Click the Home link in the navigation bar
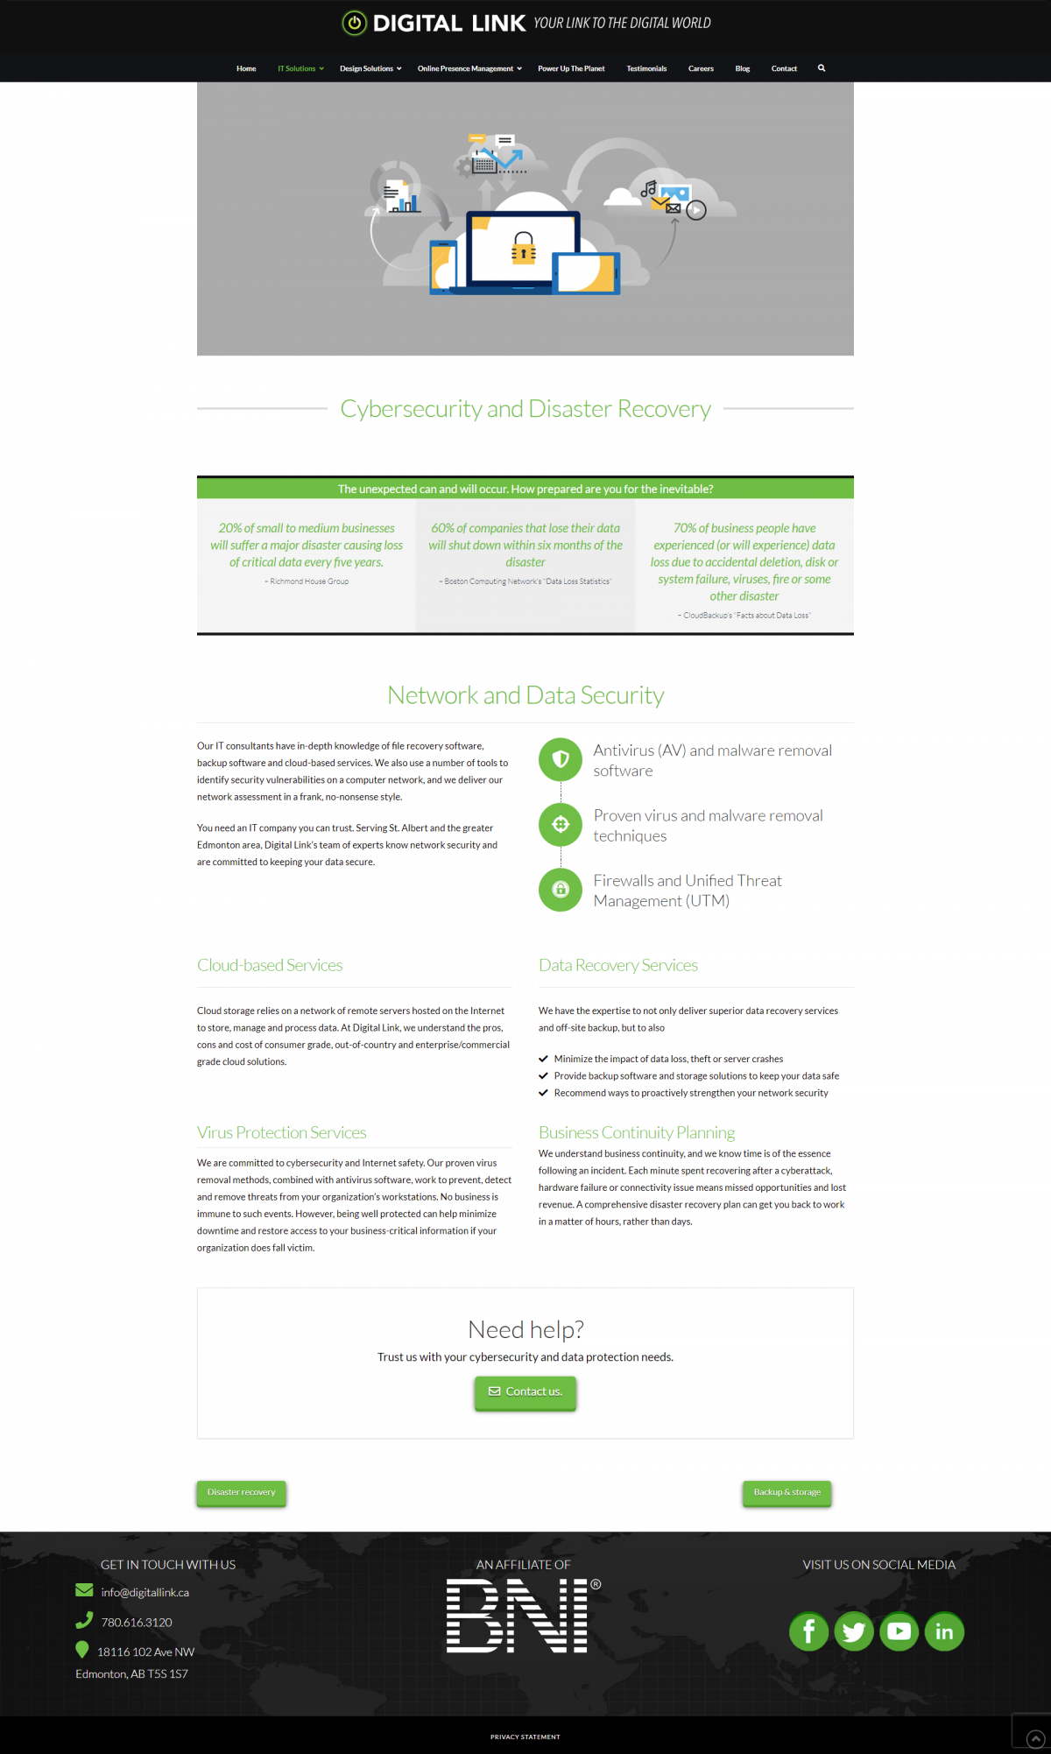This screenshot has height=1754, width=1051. [x=246, y=68]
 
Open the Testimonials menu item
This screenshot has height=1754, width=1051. [x=646, y=68]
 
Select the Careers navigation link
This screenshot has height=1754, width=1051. [x=701, y=68]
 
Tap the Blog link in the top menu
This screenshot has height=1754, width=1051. [x=743, y=68]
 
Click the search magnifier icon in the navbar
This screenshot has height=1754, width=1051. [x=822, y=67]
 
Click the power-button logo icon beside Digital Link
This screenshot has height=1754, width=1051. [x=354, y=23]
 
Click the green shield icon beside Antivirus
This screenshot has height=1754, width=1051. [x=561, y=759]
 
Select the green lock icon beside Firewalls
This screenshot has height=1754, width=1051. [x=561, y=890]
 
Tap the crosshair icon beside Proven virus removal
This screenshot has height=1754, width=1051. [x=561, y=824]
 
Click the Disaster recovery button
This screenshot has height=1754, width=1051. [x=241, y=1492]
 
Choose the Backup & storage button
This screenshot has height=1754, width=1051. [x=787, y=1492]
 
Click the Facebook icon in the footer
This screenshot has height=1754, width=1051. [x=808, y=1631]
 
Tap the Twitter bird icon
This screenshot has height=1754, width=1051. [x=854, y=1631]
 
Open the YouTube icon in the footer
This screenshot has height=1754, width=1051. [x=899, y=1631]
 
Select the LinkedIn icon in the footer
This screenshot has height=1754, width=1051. [x=944, y=1631]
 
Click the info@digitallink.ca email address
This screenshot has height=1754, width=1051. [x=145, y=1592]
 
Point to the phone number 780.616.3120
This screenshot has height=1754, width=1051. [x=137, y=1622]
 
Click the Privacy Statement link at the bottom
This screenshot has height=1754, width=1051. [x=525, y=1736]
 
